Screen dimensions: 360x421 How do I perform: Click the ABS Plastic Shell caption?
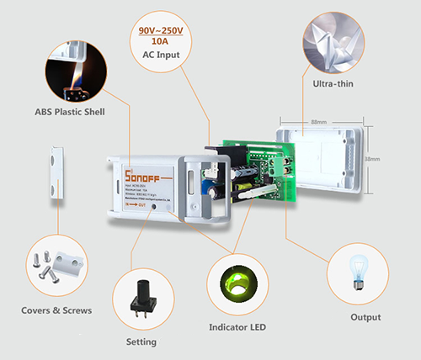70,111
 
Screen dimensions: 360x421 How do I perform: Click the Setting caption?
141,341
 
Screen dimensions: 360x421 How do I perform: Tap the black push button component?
141,303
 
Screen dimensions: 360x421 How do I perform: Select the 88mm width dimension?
318,123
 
